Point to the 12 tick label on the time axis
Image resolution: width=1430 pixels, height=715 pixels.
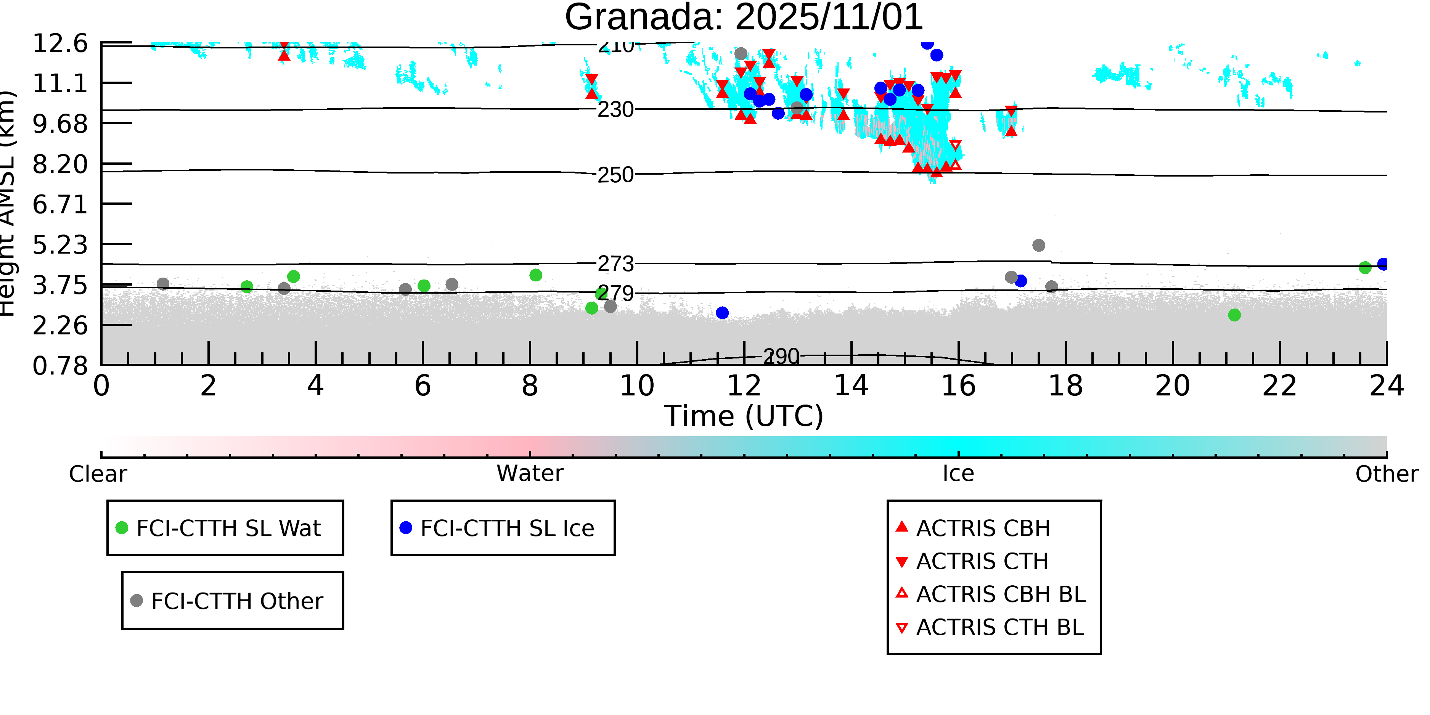click(744, 386)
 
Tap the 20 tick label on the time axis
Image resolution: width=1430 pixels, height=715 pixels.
click(1173, 386)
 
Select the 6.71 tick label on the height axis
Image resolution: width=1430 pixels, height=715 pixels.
click(60, 205)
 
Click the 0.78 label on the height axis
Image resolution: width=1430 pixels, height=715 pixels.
click(60, 366)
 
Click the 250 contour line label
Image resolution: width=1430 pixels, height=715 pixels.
click(615, 175)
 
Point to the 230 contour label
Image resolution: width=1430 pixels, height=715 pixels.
click(615, 110)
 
